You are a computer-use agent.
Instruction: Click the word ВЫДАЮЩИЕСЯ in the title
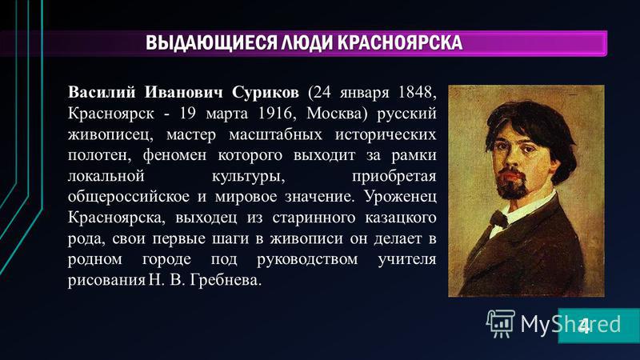pos(210,43)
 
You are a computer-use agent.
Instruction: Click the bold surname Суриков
pos(266,93)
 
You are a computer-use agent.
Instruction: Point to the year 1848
pos(415,92)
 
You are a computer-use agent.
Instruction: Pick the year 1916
pos(275,113)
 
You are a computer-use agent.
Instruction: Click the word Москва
pos(334,113)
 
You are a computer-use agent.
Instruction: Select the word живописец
pos(110,134)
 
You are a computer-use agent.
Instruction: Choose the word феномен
pos(174,156)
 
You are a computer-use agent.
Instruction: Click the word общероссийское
pos(129,197)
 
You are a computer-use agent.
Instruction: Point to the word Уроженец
pos(401,197)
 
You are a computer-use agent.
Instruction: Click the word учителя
pos(407,259)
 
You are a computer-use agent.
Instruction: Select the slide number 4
pos(585,326)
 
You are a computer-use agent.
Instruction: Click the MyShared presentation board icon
pos(501,323)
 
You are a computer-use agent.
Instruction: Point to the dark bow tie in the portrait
pos(498,219)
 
